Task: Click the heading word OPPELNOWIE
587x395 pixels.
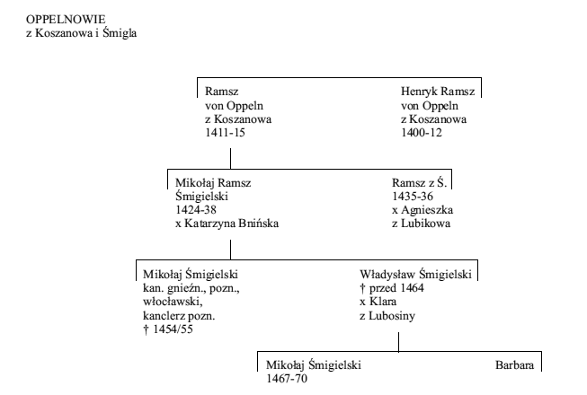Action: (66, 19)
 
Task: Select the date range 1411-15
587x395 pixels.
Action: (225, 133)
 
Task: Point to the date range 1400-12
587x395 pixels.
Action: (422, 133)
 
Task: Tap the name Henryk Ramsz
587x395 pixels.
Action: (438, 92)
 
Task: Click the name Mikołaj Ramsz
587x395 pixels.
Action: (213, 183)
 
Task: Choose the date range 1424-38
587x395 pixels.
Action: (196, 210)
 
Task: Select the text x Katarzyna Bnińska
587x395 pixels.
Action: (227, 224)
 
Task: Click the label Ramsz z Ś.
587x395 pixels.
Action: (420, 182)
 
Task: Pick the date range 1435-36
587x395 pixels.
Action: (413, 197)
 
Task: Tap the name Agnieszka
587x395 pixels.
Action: (427, 210)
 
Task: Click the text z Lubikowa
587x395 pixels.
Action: (422, 224)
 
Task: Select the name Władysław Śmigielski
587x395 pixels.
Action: (415, 274)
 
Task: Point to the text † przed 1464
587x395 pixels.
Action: (392, 288)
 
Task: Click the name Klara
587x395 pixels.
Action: (383, 302)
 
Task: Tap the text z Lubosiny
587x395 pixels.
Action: (387, 316)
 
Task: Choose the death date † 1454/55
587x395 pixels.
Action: (168, 329)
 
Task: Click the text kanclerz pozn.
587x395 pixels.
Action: (179, 316)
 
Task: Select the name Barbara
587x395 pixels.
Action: (515, 364)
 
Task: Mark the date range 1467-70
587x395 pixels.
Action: (287, 379)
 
